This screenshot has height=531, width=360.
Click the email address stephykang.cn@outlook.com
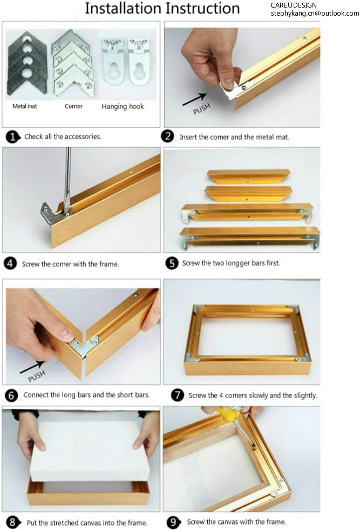(x=315, y=13)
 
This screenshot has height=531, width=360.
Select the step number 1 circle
(x=12, y=137)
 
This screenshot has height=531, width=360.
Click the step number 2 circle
(x=169, y=137)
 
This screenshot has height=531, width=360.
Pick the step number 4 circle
(x=10, y=264)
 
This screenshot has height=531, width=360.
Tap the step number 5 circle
(x=172, y=263)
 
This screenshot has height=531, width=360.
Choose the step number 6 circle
(x=12, y=395)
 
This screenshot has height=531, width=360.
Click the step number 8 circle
(x=12, y=522)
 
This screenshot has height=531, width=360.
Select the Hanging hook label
(x=123, y=106)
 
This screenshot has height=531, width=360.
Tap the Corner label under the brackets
(x=73, y=106)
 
